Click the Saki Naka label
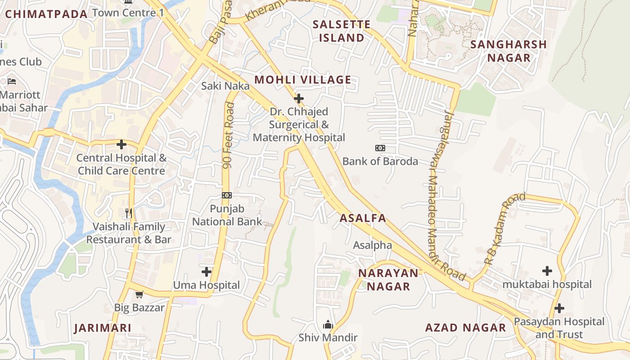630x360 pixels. pyautogui.click(x=225, y=85)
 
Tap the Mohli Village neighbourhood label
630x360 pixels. pyautogui.click(x=302, y=80)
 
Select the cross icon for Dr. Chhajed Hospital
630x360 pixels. pyautogui.click(x=298, y=99)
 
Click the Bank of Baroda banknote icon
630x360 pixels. pyautogui.click(x=380, y=148)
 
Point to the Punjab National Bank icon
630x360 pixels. pyautogui.click(x=227, y=195)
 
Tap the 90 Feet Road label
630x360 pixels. pyautogui.click(x=229, y=135)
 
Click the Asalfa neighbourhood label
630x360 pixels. pyautogui.click(x=363, y=218)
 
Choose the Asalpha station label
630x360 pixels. pyautogui.click(x=372, y=245)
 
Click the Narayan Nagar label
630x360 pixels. pyautogui.click(x=388, y=279)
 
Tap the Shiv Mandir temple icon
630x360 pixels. pyautogui.click(x=328, y=325)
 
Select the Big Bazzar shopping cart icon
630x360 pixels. pyautogui.click(x=139, y=295)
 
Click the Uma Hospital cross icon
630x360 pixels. pyautogui.click(x=207, y=271)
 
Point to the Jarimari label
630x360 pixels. pyautogui.click(x=103, y=328)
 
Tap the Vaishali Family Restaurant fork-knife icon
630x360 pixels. pyautogui.click(x=129, y=212)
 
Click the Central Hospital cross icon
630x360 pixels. pyautogui.click(x=121, y=144)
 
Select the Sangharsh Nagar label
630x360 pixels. pyautogui.click(x=508, y=51)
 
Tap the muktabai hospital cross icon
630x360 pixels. pyautogui.click(x=547, y=271)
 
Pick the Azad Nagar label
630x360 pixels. pyautogui.click(x=465, y=328)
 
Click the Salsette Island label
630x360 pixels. pyautogui.click(x=342, y=31)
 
